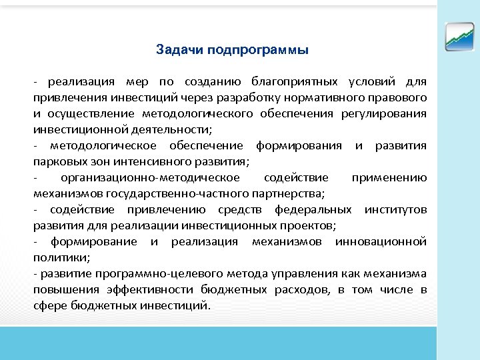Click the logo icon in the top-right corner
tap(459, 36)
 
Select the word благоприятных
tap(294, 82)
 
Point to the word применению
tap(389, 178)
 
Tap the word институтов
tap(396, 210)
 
